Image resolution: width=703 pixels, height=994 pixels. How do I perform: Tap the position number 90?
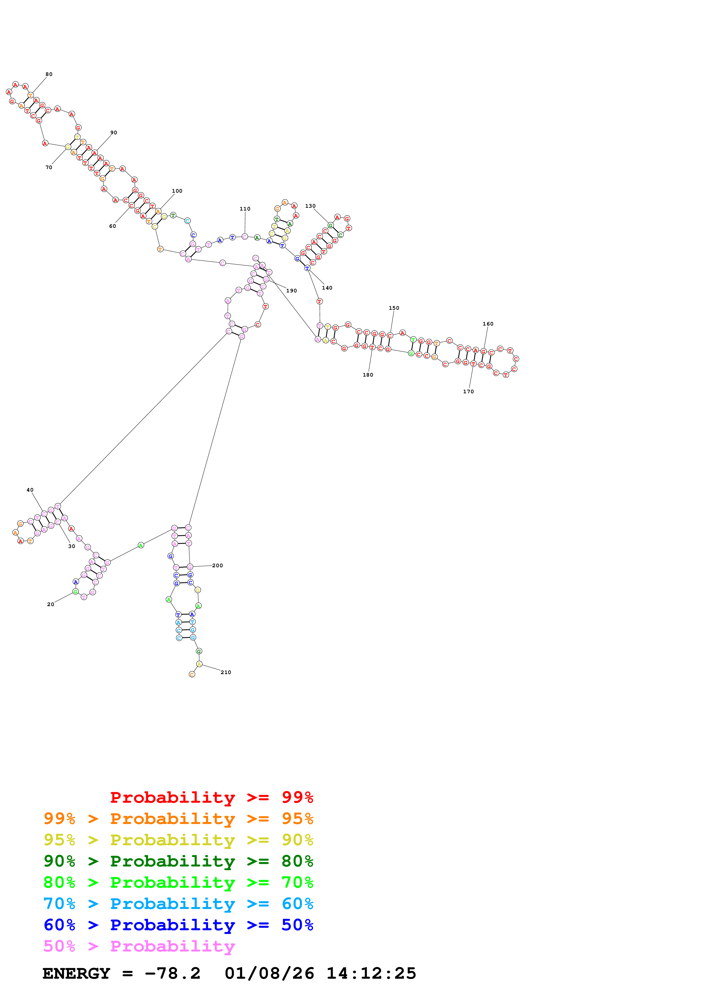point(113,133)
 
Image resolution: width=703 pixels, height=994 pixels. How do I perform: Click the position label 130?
point(310,206)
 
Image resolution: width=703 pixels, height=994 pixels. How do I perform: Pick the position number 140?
point(327,288)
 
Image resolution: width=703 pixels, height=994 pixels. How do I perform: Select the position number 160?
point(488,324)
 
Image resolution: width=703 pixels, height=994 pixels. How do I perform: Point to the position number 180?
point(368,375)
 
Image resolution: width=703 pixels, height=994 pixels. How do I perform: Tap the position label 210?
point(226,672)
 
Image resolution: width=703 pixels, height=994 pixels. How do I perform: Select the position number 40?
point(30,490)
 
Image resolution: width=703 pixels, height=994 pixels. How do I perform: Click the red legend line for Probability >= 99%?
point(211,797)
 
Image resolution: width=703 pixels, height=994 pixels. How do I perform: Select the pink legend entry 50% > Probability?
point(139,946)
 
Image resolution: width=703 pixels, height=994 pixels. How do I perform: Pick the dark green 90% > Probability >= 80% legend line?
point(178,861)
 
